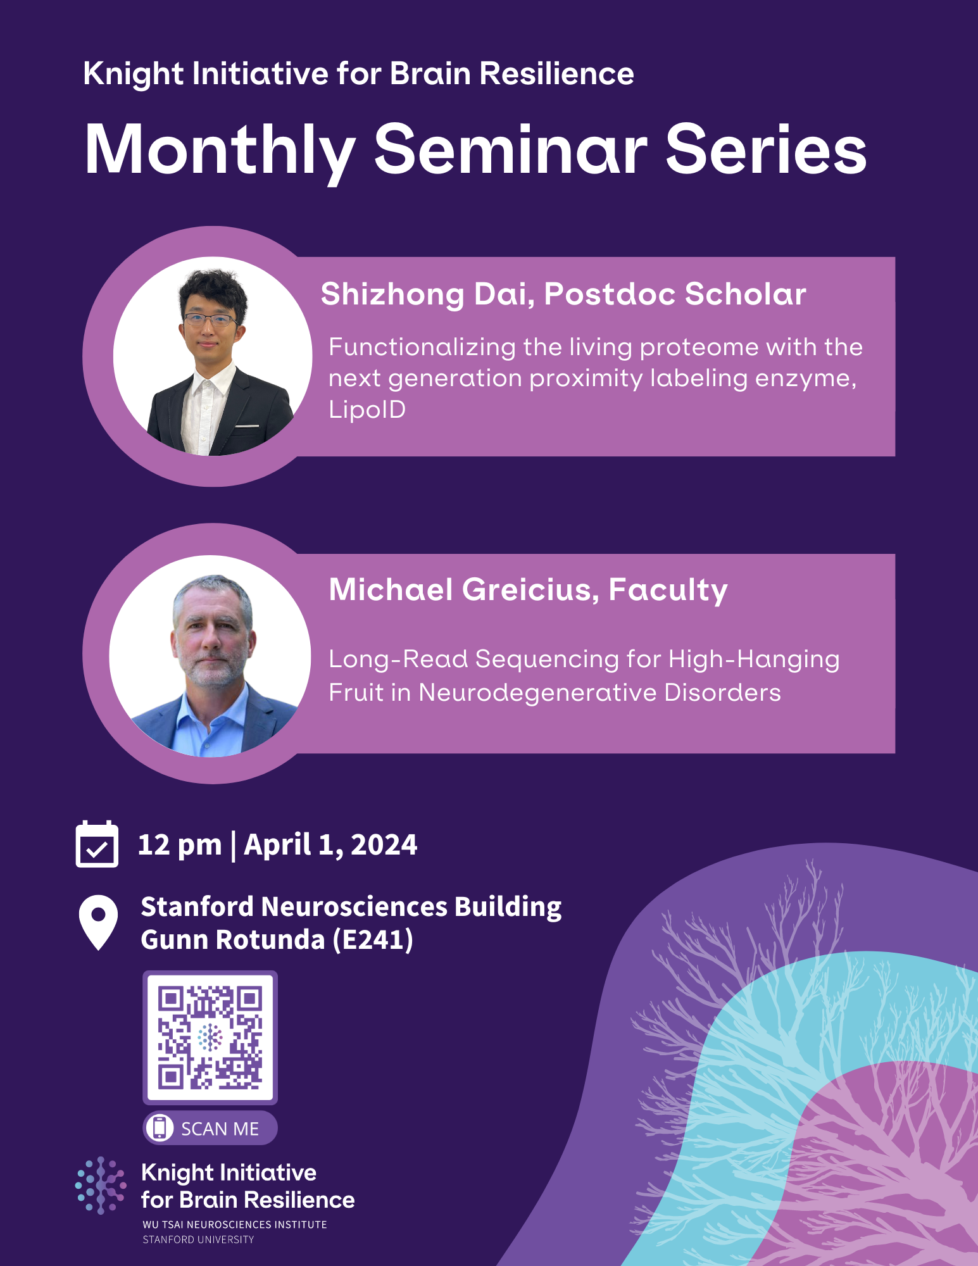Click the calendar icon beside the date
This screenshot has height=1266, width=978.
(97, 844)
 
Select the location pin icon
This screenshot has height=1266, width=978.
(98, 922)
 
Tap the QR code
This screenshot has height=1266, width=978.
(210, 1037)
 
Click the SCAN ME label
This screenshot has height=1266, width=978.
(220, 1129)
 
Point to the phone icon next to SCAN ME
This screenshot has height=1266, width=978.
(160, 1128)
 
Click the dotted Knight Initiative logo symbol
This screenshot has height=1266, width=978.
(101, 1185)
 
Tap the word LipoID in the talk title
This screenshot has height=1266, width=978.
(367, 410)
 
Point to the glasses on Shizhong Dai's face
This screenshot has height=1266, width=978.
(209, 320)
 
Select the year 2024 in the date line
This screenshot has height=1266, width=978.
(384, 845)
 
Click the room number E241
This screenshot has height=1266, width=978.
(373, 940)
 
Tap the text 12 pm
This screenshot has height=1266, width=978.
(180, 845)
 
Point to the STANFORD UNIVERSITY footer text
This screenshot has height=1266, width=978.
(198, 1239)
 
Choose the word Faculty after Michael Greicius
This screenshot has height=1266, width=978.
(668, 590)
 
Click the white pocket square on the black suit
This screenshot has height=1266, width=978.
(248, 426)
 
